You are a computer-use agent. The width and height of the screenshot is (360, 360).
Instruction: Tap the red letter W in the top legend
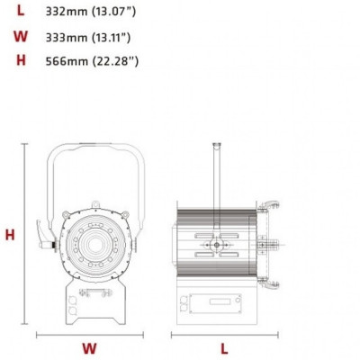(x=21, y=38)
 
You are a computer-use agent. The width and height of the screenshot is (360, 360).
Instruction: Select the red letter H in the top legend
(x=21, y=61)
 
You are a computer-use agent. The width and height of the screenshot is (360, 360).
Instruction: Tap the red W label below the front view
(x=89, y=347)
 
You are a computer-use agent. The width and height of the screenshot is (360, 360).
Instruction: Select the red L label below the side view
(x=224, y=347)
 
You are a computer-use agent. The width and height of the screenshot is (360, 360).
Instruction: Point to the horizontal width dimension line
(x=89, y=334)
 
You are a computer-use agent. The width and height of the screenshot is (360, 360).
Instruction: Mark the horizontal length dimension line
(x=224, y=334)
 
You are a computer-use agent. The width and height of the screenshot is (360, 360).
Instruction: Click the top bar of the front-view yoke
(x=94, y=145)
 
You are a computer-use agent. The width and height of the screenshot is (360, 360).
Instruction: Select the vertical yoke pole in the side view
(x=215, y=171)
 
